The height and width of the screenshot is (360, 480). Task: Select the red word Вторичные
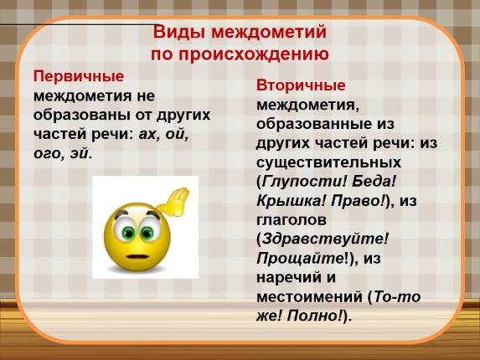coord(300,86)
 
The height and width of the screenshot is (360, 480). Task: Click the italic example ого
coord(49,154)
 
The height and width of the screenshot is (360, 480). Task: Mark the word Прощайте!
coord(297,257)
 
